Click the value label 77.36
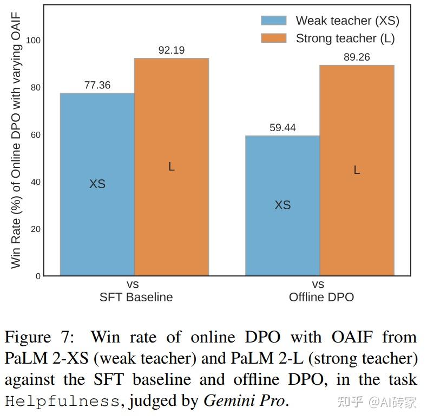tap(97, 85)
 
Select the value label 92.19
tap(172, 50)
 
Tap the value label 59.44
tap(283, 128)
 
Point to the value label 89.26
tap(357, 57)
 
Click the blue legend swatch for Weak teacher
tap(273, 21)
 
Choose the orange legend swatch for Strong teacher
tap(273, 38)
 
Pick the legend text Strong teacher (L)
tap(345, 38)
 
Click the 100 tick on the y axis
tap(32, 41)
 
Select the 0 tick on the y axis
tap(37, 276)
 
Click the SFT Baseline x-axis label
tap(136, 297)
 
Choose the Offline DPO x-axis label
tap(321, 297)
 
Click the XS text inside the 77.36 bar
tap(97, 184)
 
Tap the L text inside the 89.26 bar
tap(357, 170)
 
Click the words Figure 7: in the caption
tap(41, 338)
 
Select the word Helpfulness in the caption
tap(62, 402)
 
